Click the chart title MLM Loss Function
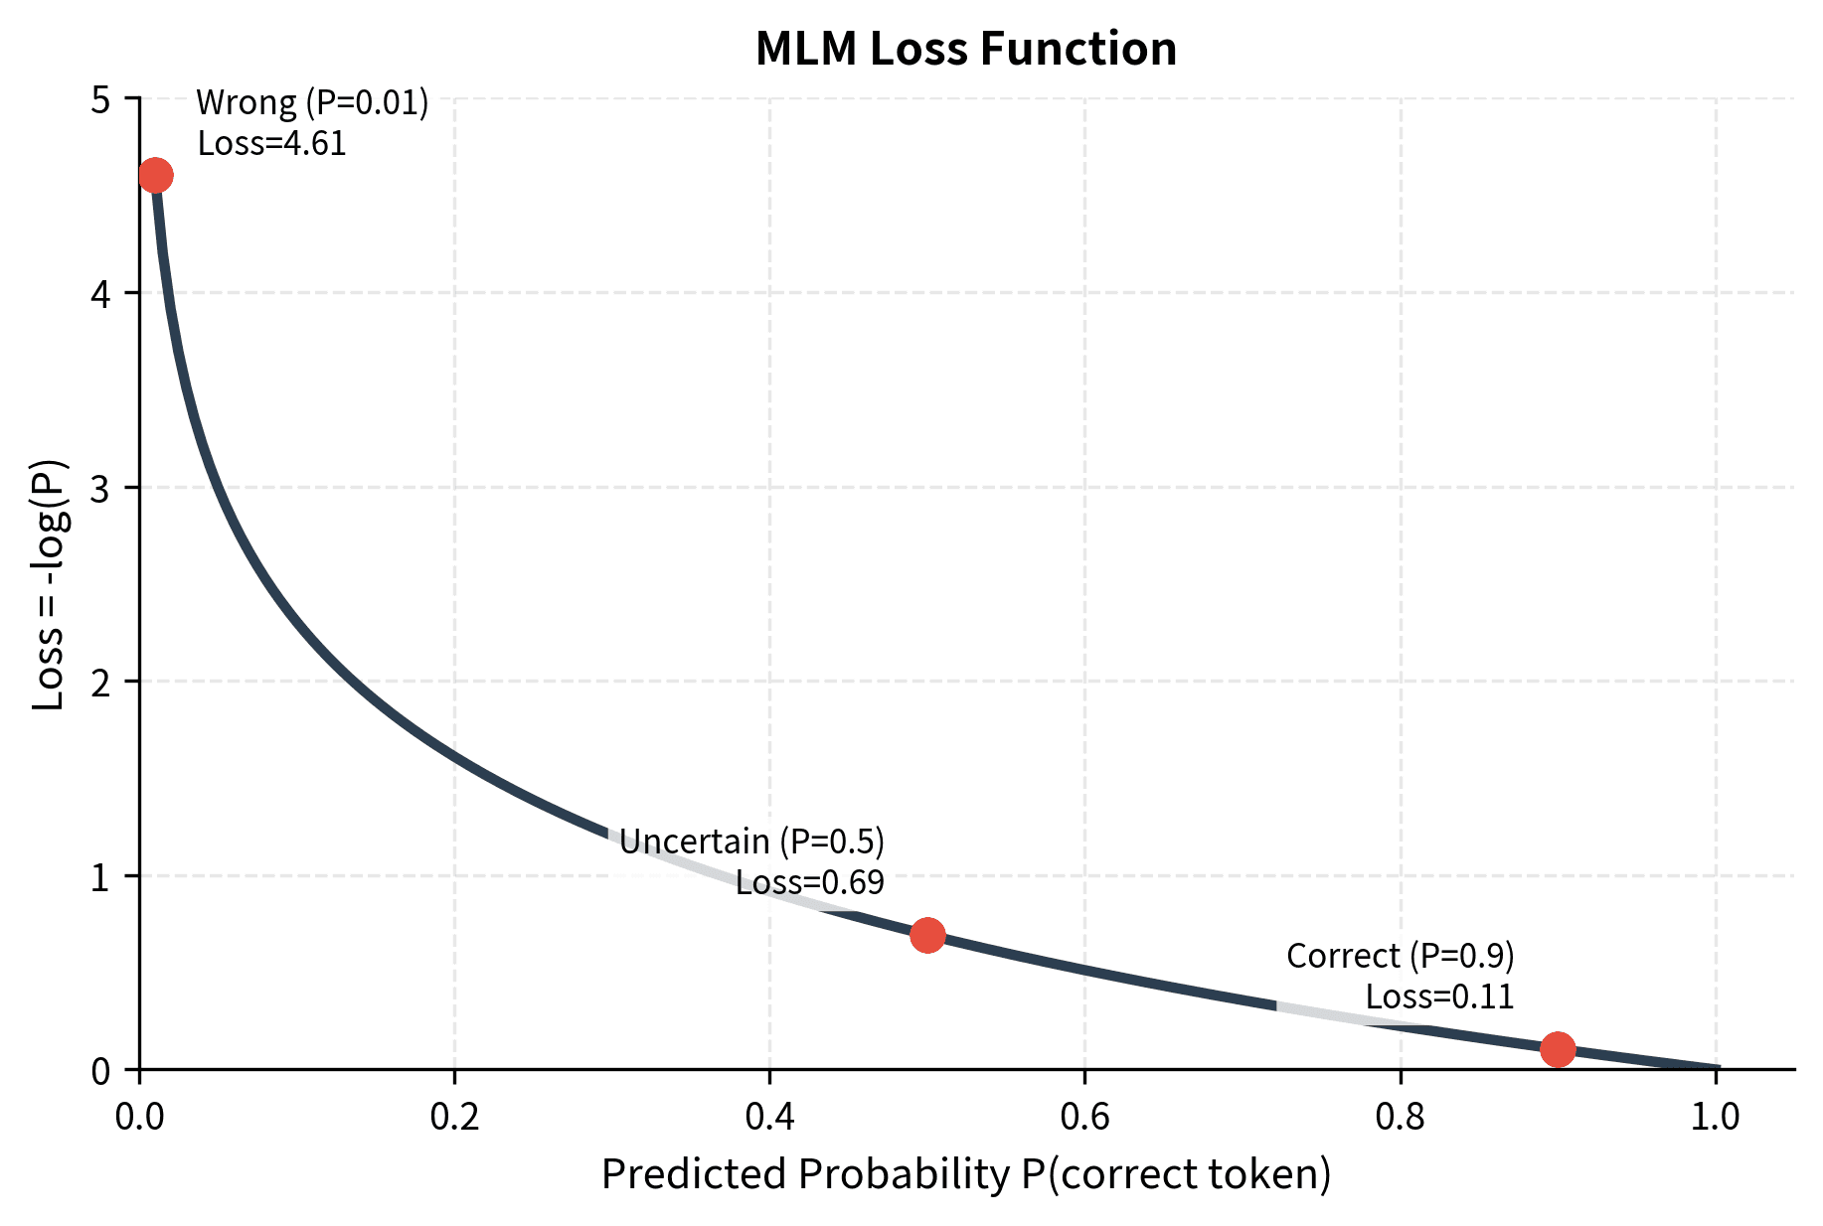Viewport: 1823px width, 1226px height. [965, 50]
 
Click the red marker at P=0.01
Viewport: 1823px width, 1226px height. [155, 176]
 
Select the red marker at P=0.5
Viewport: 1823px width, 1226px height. [927, 935]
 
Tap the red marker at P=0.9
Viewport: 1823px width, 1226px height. [1557, 1048]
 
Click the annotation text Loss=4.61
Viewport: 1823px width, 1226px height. [271, 144]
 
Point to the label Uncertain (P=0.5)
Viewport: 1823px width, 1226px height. [751, 843]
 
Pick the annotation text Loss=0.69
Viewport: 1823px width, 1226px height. [809, 883]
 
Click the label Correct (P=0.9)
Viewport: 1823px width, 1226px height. [1400, 957]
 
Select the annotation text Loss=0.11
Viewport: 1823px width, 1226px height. [1438, 997]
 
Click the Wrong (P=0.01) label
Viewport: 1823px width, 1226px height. [312, 103]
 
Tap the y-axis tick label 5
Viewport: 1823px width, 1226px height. [101, 100]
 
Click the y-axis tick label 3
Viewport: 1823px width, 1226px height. [101, 489]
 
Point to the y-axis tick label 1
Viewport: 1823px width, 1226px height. [101, 877]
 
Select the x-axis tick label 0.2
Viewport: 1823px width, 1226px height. [454, 1118]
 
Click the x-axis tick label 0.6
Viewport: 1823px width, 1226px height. [1084, 1118]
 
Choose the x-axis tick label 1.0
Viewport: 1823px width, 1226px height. [1715, 1118]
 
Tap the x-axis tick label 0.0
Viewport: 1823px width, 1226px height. [139, 1118]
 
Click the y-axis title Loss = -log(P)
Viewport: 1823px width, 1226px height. [49, 584]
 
